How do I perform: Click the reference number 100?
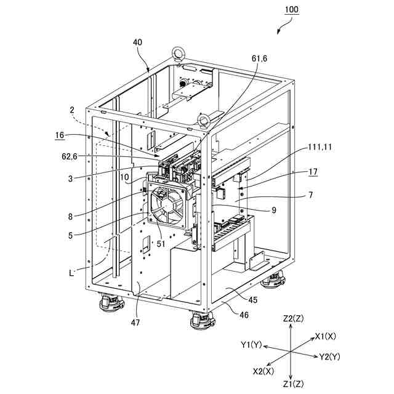pyautogui.click(x=292, y=10)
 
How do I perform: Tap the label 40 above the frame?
pyautogui.click(x=137, y=42)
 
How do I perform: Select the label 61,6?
pyautogui.click(x=260, y=58)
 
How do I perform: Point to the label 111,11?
pyautogui.click(x=320, y=147)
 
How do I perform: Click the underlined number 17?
pyautogui.click(x=313, y=172)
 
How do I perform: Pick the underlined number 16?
pyautogui.click(x=60, y=135)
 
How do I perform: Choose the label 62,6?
pyautogui.click(x=70, y=156)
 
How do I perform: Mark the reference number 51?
pyautogui.click(x=161, y=244)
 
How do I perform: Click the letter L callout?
pyautogui.click(x=71, y=273)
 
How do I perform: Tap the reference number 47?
pyautogui.click(x=135, y=323)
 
